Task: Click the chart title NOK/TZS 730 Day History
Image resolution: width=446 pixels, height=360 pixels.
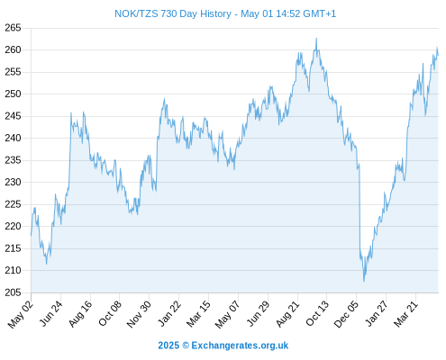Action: [x=173, y=13]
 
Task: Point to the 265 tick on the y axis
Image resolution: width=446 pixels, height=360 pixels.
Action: [x=13, y=28]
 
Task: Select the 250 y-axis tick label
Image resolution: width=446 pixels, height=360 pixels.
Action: [x=13, y=94]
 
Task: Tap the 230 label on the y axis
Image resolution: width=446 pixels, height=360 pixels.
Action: [x=13, y=182]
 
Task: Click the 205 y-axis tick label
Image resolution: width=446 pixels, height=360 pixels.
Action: [x=13, y=292]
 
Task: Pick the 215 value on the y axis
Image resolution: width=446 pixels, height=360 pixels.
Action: [x=13, y=248]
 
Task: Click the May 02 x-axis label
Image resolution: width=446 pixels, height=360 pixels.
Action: [x=20, y=314]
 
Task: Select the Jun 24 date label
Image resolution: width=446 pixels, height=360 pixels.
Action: [x=51, y=313]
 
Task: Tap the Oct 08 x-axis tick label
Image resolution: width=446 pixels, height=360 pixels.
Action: [x=110, y=313]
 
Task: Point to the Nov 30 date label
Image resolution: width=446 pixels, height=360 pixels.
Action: [x=139, y=314]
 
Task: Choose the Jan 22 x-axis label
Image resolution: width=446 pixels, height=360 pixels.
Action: [x=169, y=313]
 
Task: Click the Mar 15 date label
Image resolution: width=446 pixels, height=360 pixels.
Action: [x=198, y=314]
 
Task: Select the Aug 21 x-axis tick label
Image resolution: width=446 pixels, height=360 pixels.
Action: [x=287, y=314]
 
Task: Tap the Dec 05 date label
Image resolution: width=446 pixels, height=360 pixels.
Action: [x=346, y=314]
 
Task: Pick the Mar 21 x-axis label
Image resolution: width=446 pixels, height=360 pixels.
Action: [x=405, y=314]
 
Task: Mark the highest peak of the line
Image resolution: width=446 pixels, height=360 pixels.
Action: [x=316, y=39]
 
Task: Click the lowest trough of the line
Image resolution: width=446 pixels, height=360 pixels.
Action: [x=364, y=281]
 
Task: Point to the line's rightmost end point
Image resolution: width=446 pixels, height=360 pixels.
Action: [x=438, y=55]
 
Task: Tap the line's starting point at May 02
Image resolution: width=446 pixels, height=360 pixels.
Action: [x=31, y=236]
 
